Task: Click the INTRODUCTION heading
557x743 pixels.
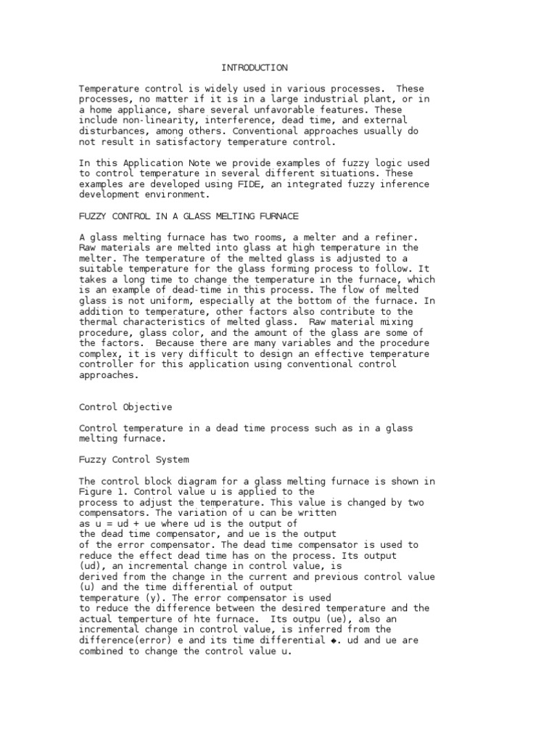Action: (x=255, y=67)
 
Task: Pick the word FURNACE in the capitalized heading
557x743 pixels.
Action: (x=276, y=216)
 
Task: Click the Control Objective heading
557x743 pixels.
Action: (x=125, y=407)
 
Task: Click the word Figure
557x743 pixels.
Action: (x=94, y=491)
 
